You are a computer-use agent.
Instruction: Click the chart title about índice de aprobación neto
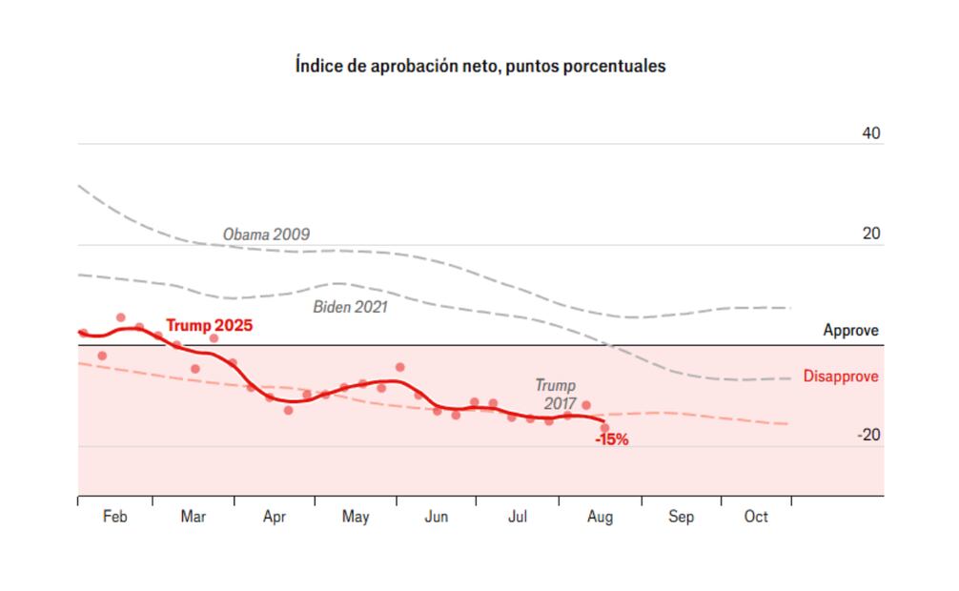(x=479, y=67)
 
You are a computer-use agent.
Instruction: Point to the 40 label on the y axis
(x=871, y=133)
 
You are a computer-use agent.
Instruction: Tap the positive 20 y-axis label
(x=871, y=234)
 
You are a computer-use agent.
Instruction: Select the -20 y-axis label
(x=868, y=436)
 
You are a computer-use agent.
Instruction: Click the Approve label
(x=851, y=331)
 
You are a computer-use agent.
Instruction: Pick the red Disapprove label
(x=841, y=377)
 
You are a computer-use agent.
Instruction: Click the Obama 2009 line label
(x=266, y=234)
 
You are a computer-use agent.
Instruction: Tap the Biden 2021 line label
(x=350, y=307)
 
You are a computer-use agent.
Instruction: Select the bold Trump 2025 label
(x=209, y=326)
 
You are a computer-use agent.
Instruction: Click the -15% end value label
(x=611, y=440)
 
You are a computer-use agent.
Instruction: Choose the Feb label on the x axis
(x=114, y=517)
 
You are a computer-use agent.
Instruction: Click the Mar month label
(x=193, y=517)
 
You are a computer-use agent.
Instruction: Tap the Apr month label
(x=275, y=517)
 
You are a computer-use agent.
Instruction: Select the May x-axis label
(x=356, y=517)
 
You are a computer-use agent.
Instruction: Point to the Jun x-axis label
(x=436, y=517)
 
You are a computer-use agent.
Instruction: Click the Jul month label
(x=518, y=517)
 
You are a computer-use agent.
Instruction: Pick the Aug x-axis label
(x=600, y=517)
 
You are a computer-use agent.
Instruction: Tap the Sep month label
(x=681, y=517)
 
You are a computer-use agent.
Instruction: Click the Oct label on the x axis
(x=756, y=517)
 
